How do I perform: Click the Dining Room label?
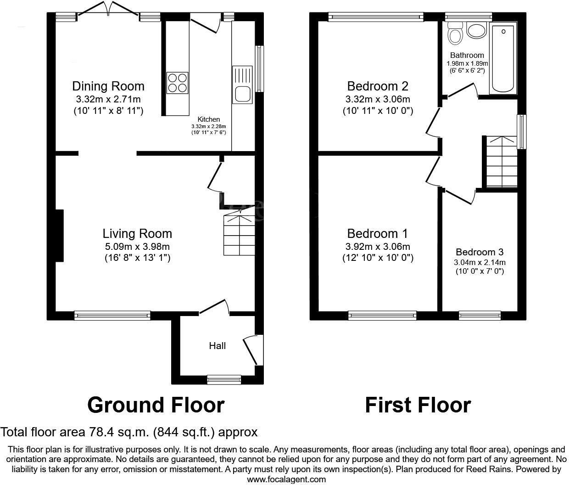coord(108,86)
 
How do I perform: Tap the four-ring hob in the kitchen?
coord(177,83)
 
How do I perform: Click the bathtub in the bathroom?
coord(503,58)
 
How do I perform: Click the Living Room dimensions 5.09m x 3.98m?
coord(137,247)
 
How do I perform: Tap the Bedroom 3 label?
coord(480,252)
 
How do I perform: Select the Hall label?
coord(217,346)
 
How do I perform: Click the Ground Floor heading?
coord(156,405)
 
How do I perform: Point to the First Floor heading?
coord(418,405)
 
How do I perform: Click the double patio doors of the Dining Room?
coord(109,10)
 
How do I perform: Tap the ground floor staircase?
coord(239,234)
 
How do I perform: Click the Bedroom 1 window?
coord(382,315)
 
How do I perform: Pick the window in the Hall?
coord(224,379)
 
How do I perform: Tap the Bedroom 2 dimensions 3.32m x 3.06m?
coord(378,99)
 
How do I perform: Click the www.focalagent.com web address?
coord(286,479)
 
